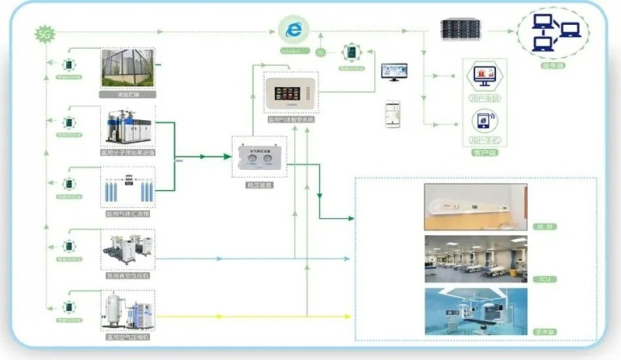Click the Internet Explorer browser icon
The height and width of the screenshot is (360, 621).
tap(293, 30)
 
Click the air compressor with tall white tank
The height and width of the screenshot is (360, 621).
tap(127, 310)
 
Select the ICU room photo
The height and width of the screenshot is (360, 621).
tap(475, 258)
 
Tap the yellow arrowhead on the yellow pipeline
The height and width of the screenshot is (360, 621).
tap(222, 317)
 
